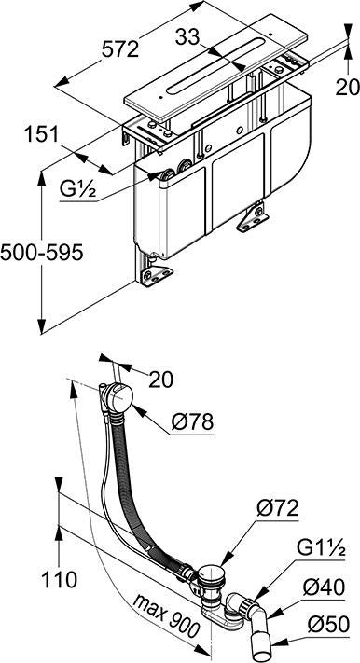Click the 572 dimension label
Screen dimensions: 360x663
tap(120, 50)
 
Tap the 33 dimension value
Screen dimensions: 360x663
tap(187, 38)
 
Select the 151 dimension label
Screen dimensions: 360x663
tap(41, 135)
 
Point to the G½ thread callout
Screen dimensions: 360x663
tap(77, 190)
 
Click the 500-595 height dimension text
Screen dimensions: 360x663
tap(41, 254)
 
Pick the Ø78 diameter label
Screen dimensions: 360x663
tap(192, 421)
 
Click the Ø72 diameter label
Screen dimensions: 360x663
tap(278, 508)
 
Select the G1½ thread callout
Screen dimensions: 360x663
tap(321, 549)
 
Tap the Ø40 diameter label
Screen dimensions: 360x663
tap(324, 587)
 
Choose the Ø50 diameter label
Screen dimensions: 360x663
tap(328, 625)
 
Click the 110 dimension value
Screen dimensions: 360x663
tap(60, 579)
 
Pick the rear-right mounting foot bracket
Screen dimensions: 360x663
tap(253, 219)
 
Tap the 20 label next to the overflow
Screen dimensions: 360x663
tap(160, 380)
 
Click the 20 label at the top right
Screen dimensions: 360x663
tap(348, 88)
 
